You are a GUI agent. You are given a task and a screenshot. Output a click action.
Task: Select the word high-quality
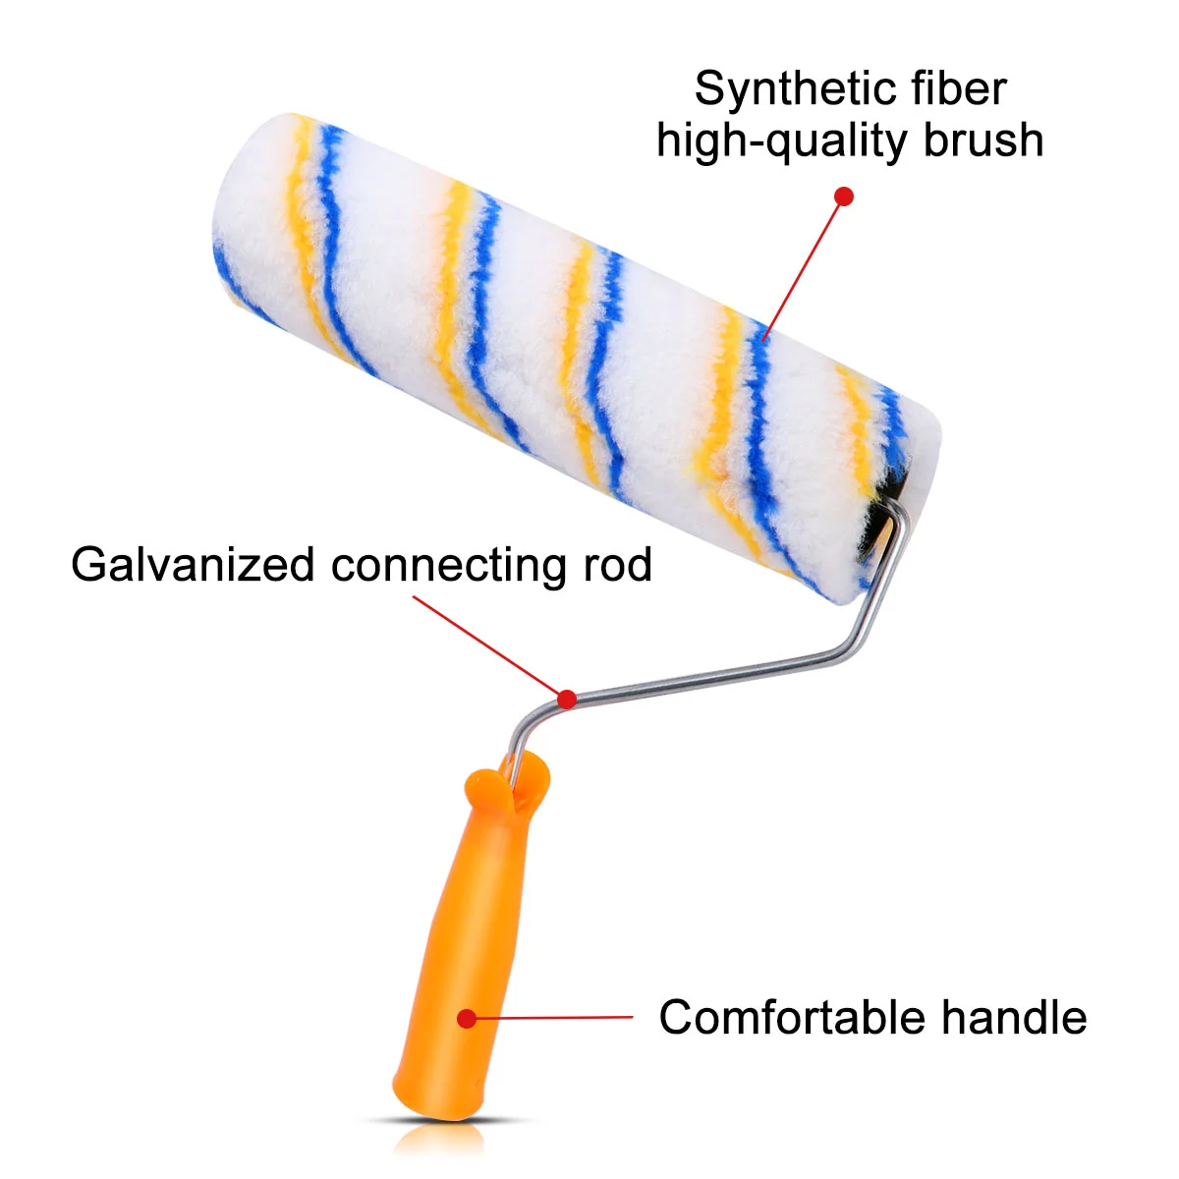pos(782,141)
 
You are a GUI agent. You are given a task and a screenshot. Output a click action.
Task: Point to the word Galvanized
pos(193,566)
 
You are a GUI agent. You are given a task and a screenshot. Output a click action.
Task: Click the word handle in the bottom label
pos(1015,1018)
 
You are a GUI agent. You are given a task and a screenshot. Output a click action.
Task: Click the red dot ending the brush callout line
pos(843,196)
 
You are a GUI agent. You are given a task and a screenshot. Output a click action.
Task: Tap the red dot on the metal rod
pos(567,699)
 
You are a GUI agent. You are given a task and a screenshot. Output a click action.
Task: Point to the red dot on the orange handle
pos(467,1019)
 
